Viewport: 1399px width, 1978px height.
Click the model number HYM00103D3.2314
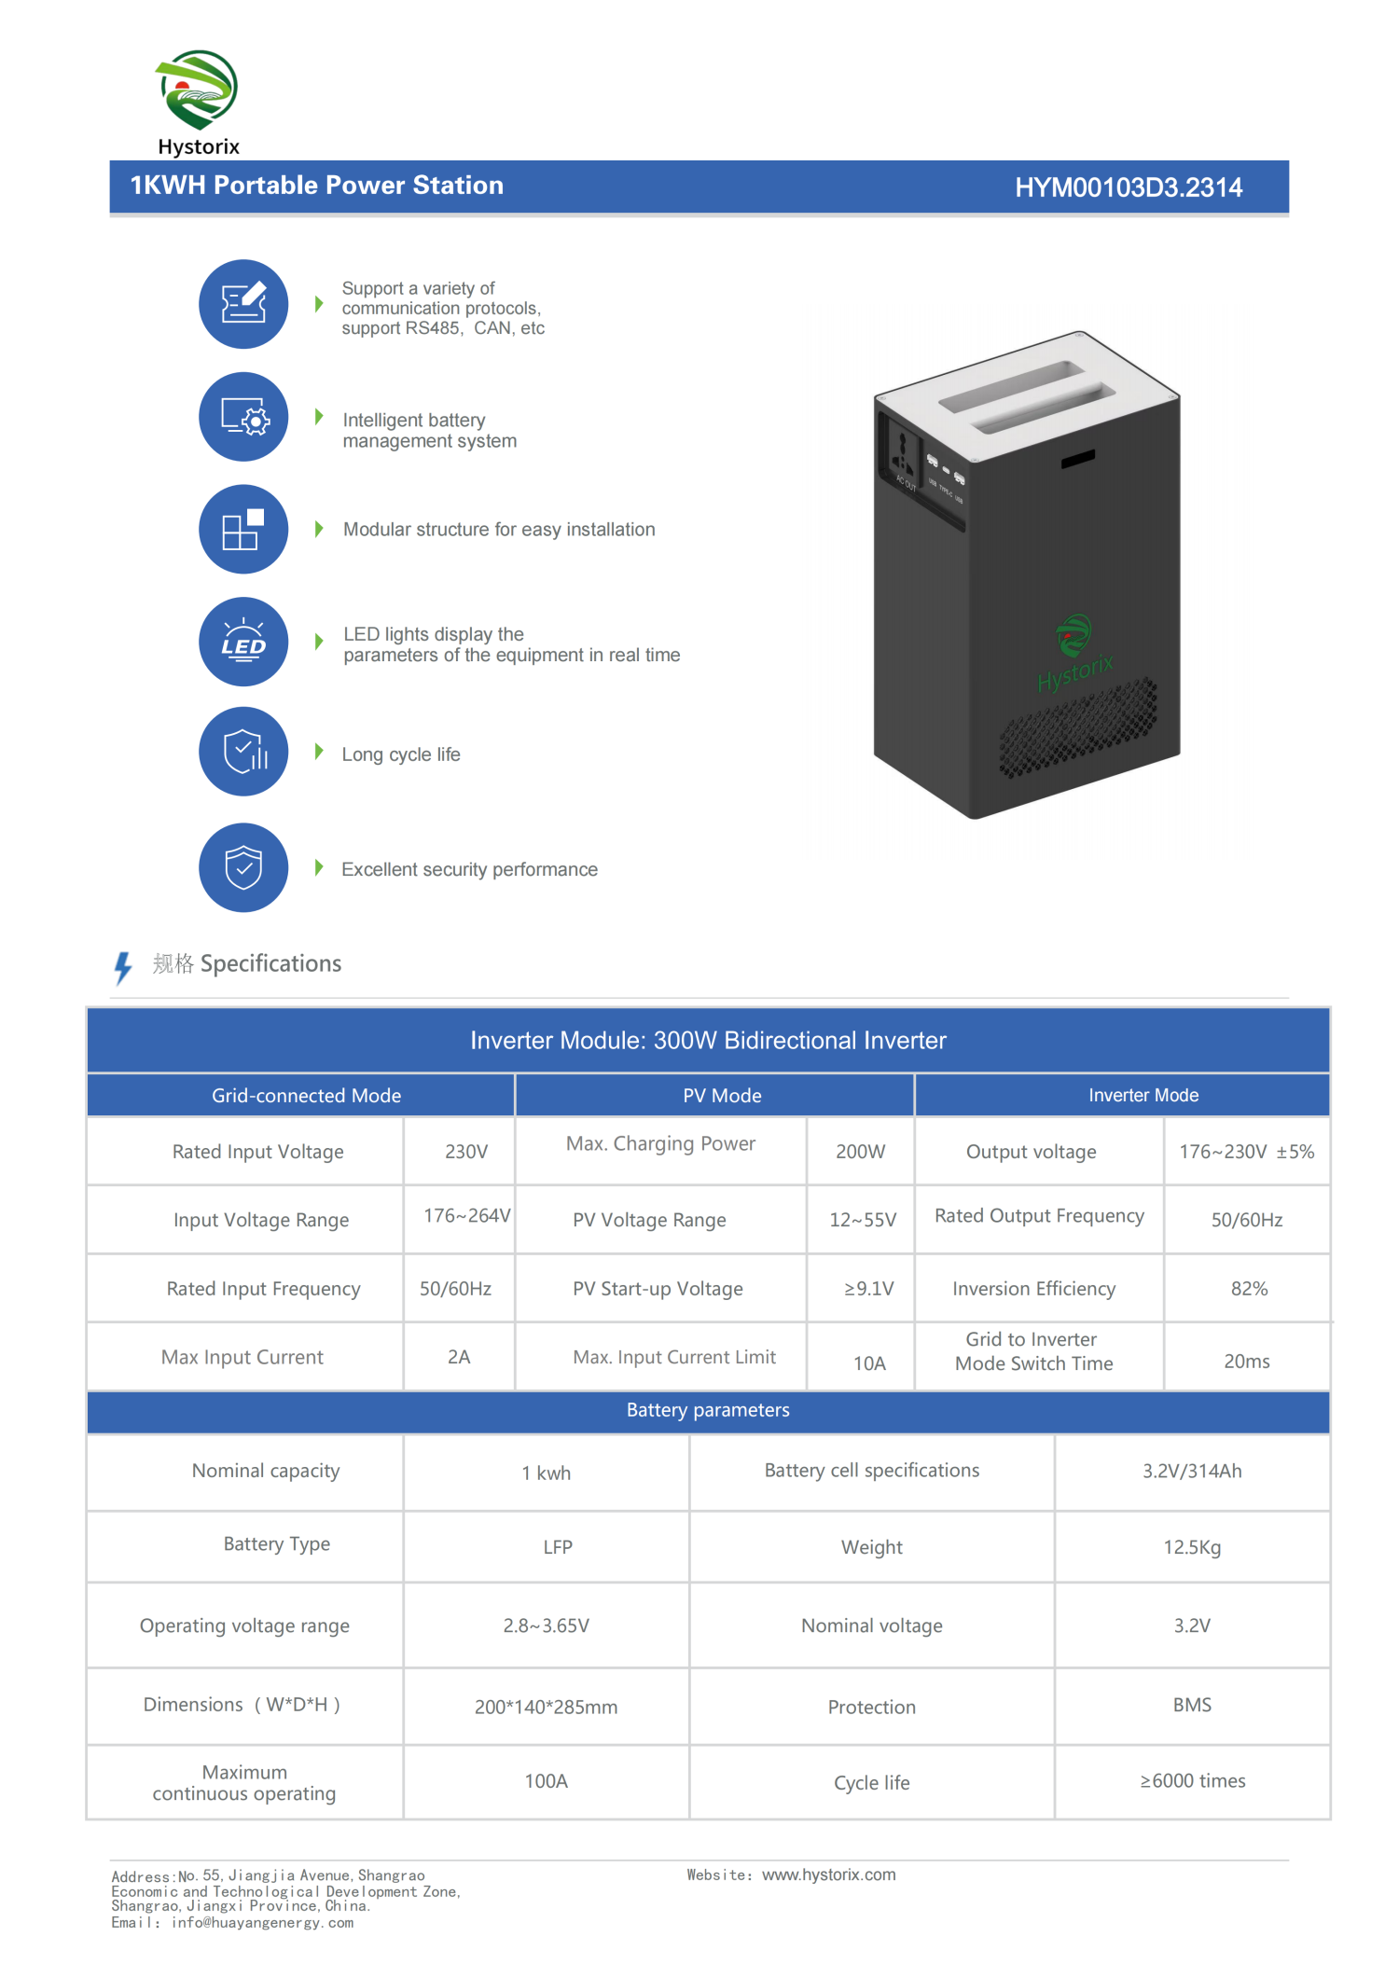click(1128, 187)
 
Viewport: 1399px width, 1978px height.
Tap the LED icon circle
click(243, 642)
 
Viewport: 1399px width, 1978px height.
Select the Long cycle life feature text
click(401, 754)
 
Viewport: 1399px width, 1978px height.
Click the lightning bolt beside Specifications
click(122, 967)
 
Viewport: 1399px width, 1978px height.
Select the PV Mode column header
click(722, 1096)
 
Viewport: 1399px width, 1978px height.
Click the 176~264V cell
click(466, 1216)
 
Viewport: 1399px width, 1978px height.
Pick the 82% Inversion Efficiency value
click(1248, 1289)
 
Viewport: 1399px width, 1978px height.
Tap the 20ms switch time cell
click(1246, 1362)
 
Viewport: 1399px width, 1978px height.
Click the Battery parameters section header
click(708, 1410)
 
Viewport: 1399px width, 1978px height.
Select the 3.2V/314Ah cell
click(1192, 1472)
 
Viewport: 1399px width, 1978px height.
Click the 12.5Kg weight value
click(1192, 1548)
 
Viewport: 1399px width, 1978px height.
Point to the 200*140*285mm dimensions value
click(546, 1708)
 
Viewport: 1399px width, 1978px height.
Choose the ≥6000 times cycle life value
click(1192, 1781)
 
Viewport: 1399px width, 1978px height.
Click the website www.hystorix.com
click(828, 1875)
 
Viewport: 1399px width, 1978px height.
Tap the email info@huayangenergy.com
click(262, 1923)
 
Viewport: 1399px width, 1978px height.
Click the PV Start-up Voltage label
click(658, 1289)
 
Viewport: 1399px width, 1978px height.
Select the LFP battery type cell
click(558, 1548)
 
